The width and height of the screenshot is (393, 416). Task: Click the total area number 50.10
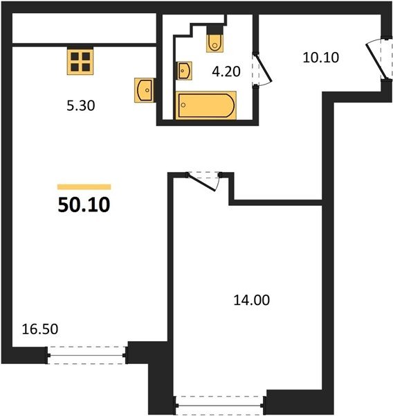84,205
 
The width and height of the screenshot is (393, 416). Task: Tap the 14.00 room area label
252,300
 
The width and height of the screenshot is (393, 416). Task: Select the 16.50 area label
40,329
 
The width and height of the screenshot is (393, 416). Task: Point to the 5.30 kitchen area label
81,105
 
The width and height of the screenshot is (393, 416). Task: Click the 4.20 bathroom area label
226,71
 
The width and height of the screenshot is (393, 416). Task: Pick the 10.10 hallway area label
321,58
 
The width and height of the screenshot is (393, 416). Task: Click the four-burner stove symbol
80,62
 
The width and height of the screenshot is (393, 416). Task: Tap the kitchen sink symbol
144,90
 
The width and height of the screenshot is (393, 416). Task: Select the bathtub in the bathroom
205,105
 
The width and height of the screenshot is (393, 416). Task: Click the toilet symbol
214,40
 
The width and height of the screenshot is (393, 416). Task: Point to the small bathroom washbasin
184,71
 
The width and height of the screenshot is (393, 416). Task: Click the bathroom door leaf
263,68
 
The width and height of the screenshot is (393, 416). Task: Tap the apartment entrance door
375,60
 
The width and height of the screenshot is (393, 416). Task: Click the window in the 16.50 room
86,355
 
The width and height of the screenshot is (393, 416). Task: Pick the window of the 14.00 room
219,406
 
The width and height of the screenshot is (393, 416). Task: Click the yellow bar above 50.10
84,187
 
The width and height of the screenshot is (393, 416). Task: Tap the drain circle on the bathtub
183,105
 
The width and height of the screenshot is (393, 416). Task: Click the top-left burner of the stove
75,57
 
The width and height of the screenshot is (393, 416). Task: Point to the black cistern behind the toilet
214,30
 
